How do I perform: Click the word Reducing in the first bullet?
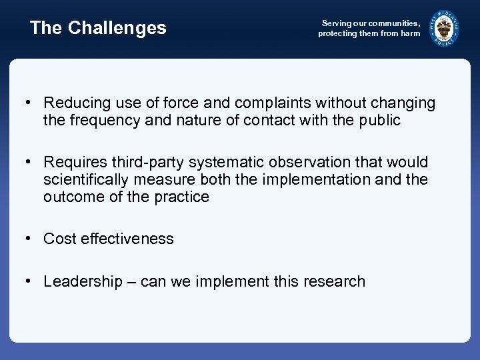74,103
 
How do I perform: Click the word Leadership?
83,282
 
